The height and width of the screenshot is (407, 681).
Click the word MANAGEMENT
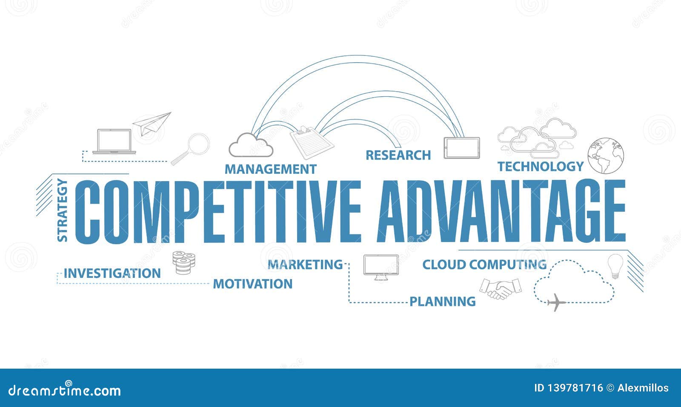[270, 169]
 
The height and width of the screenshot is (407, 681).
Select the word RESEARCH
[398, 155]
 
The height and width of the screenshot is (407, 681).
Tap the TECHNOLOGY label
[541, 166]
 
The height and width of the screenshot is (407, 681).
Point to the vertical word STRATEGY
[63, 211]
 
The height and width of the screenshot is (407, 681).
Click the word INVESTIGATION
[112, 273]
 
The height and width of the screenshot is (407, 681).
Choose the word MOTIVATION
[253, 284]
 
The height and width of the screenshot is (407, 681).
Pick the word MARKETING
[305, 265]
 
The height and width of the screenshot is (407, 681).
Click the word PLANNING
[443, 302]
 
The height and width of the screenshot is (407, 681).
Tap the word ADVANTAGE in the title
[501, 211]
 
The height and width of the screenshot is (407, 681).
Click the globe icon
[606, 156]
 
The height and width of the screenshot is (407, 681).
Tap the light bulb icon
[615, 266]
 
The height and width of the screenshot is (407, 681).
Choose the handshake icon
[500, 289]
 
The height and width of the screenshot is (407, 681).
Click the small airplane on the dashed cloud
[556, 303]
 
